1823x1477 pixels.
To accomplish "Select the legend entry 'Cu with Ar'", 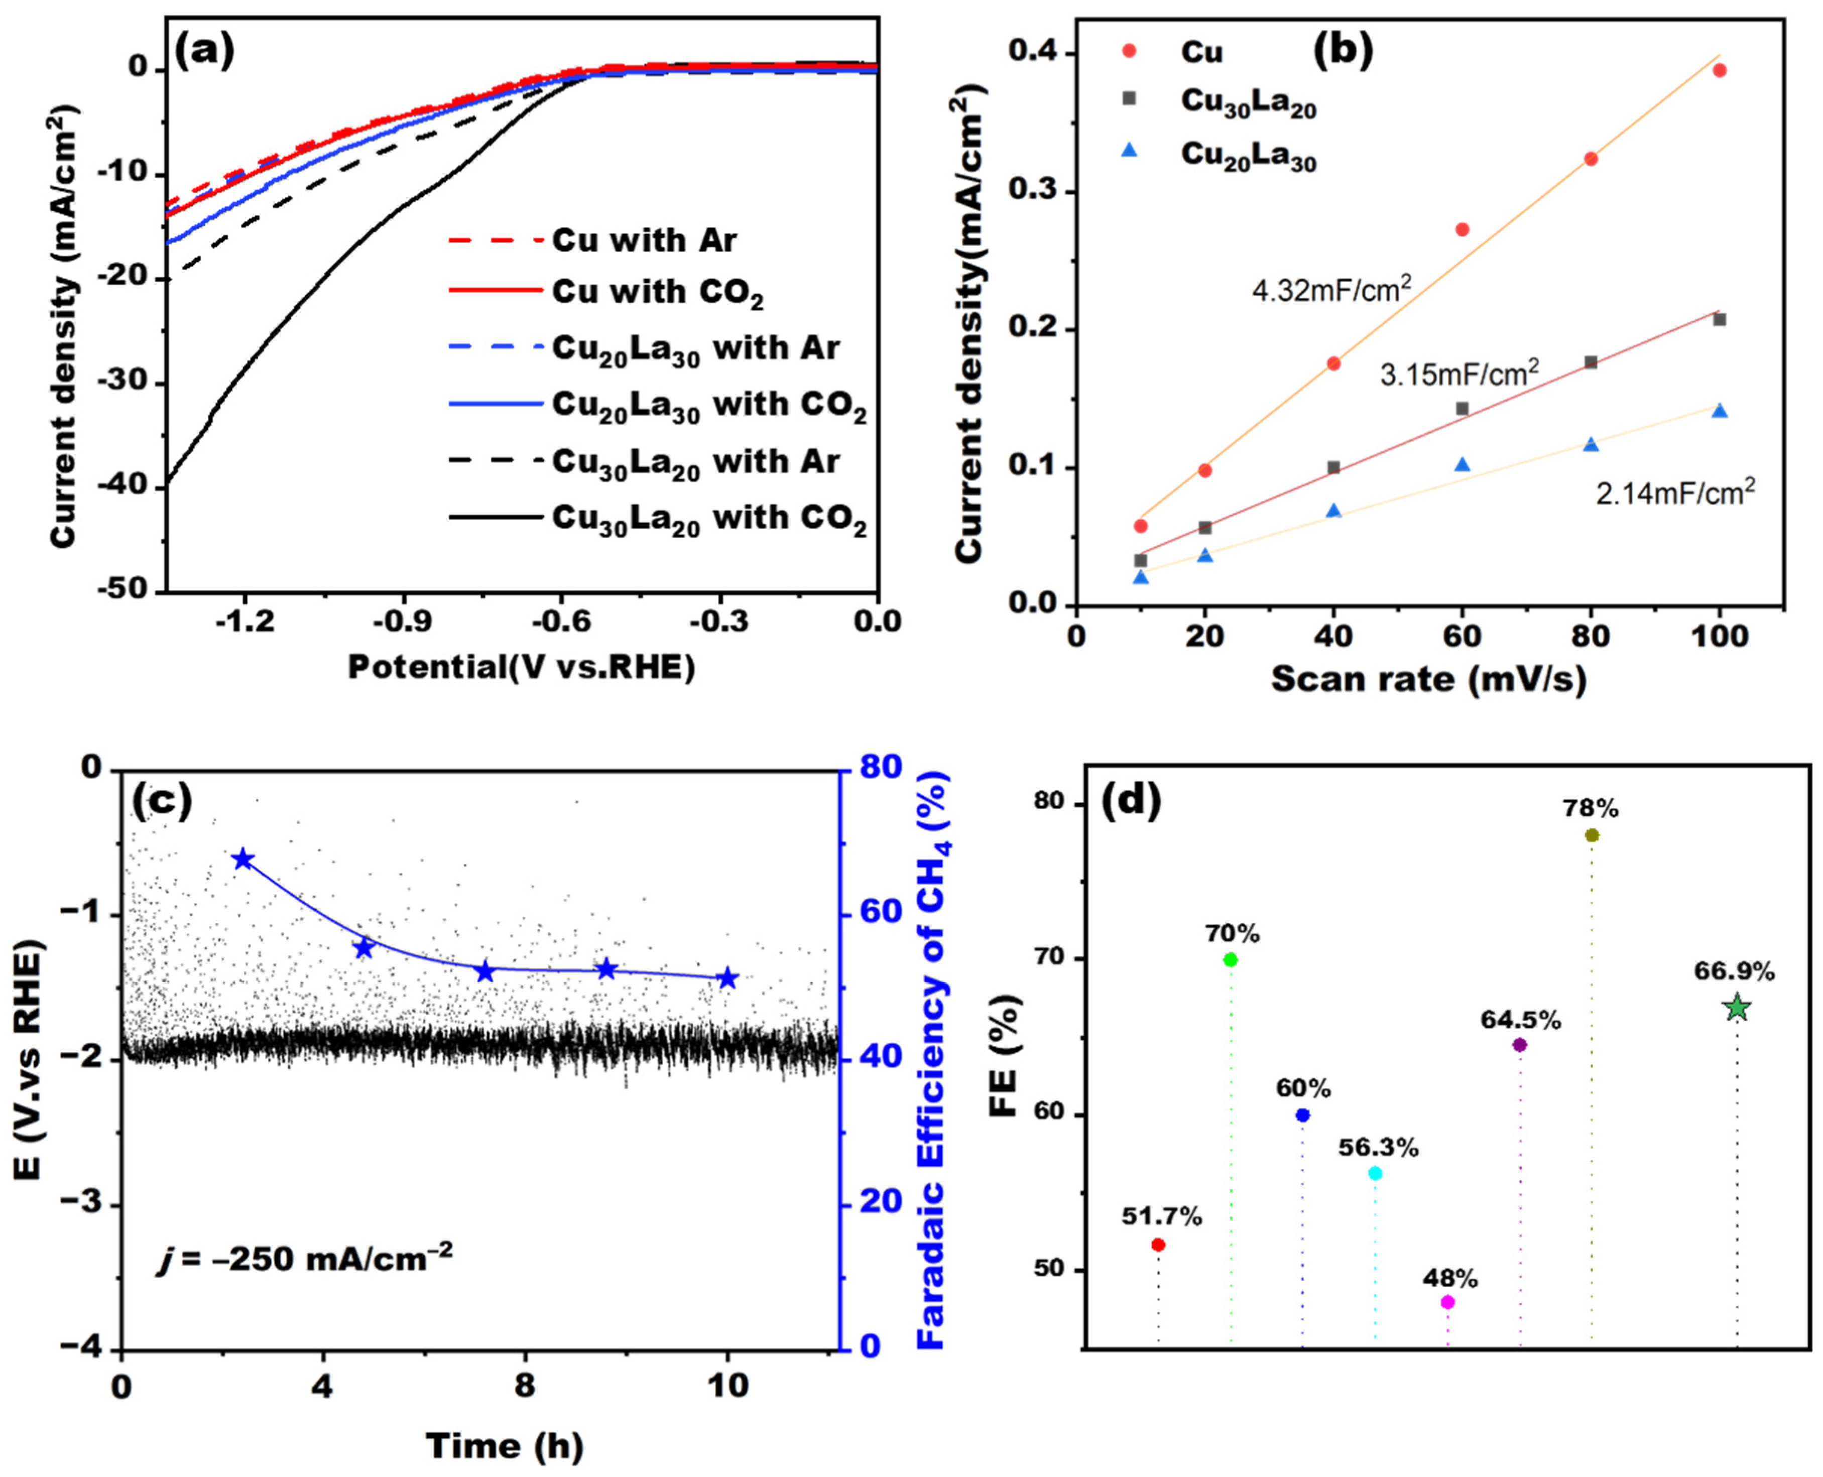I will (x=644, y=241).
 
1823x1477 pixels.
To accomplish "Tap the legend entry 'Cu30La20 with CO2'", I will (x=708, y=519).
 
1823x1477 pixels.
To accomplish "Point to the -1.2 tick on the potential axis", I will (x=245, y=621).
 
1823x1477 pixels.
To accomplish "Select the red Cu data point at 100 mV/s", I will (x=1719, y=71).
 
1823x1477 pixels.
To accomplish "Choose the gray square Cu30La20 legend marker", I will (x=1128, y=99).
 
